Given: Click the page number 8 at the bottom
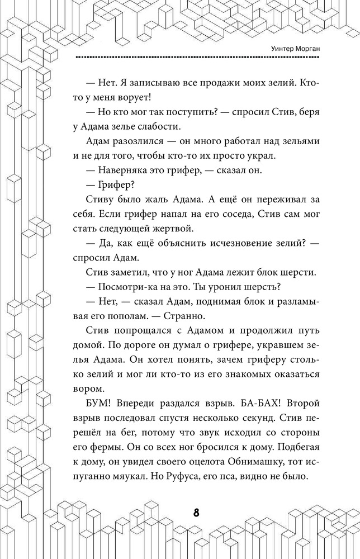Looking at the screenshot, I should [x=196, y=514].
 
